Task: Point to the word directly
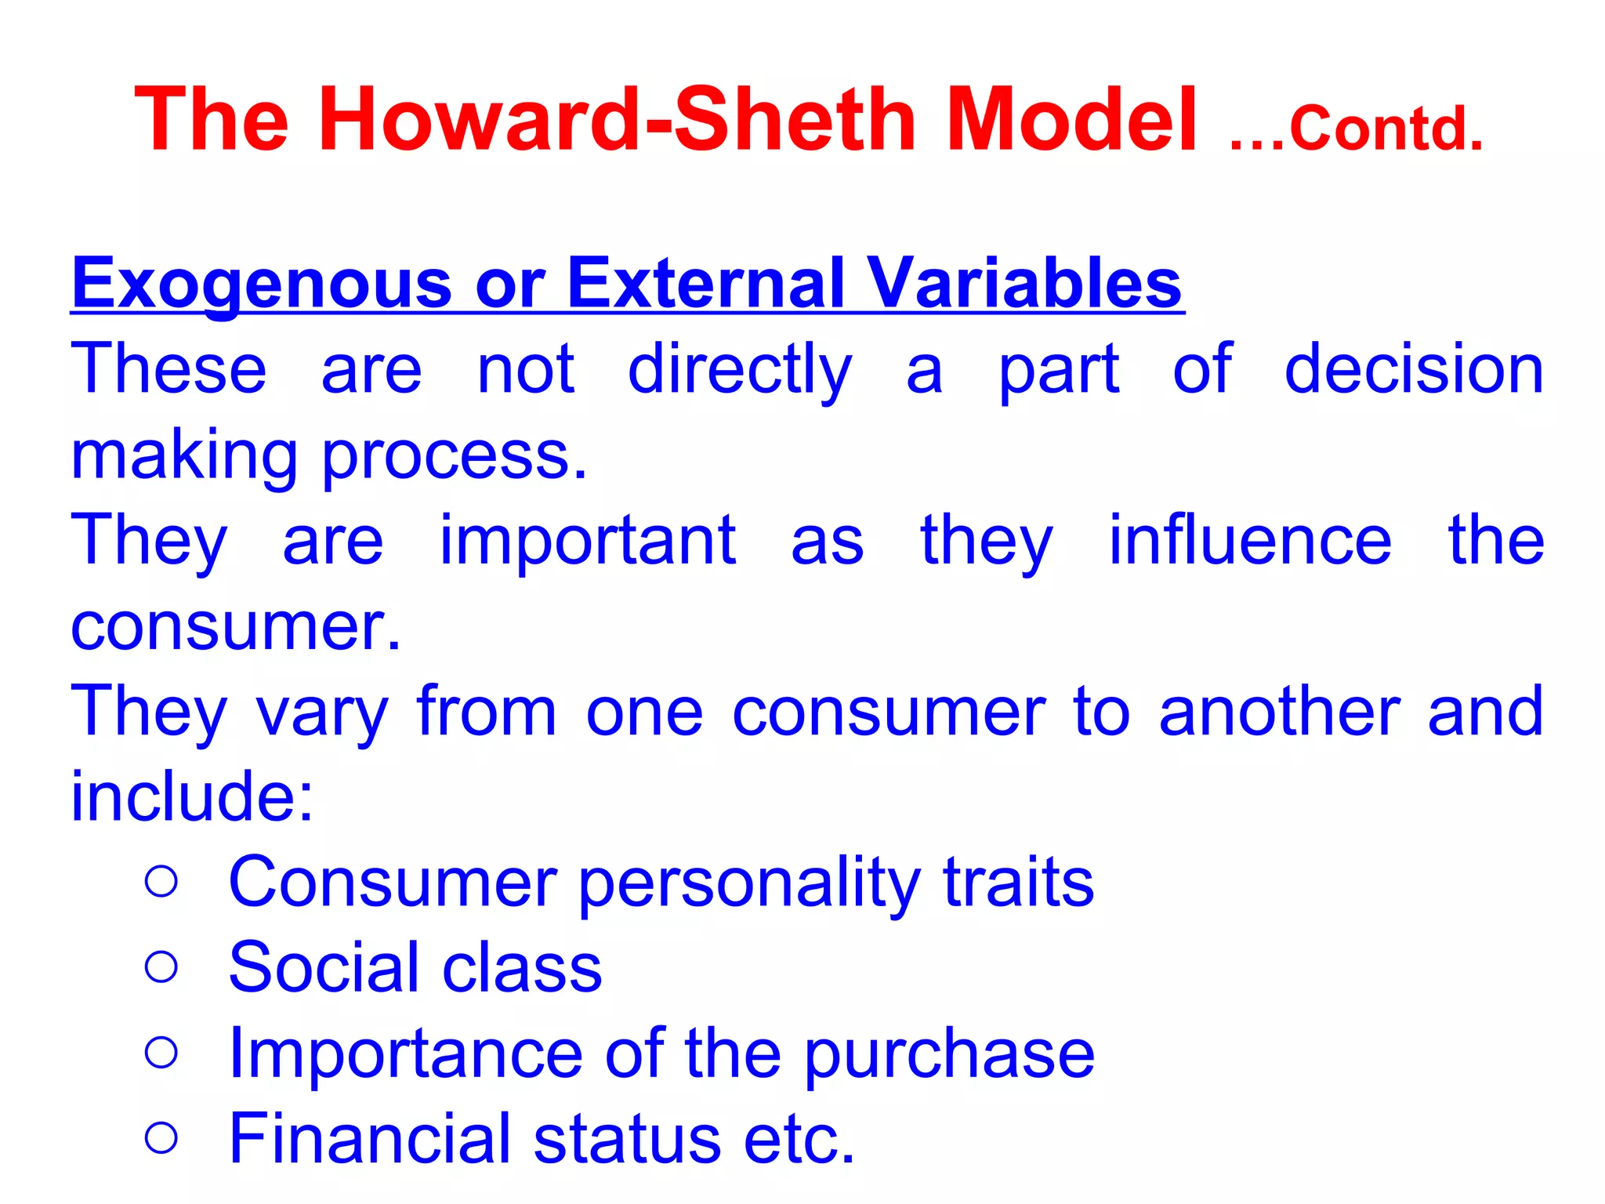coord(739,371)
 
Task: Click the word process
coord(454,457)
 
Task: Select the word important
coord(587,541)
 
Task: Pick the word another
coord(1280,711)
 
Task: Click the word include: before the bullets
coord(192,796)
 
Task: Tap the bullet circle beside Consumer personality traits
coord(162,881)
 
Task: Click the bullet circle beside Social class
coord(162,966)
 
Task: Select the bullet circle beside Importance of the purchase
coord(162,1052)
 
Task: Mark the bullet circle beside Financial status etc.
coord(162,1137)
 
